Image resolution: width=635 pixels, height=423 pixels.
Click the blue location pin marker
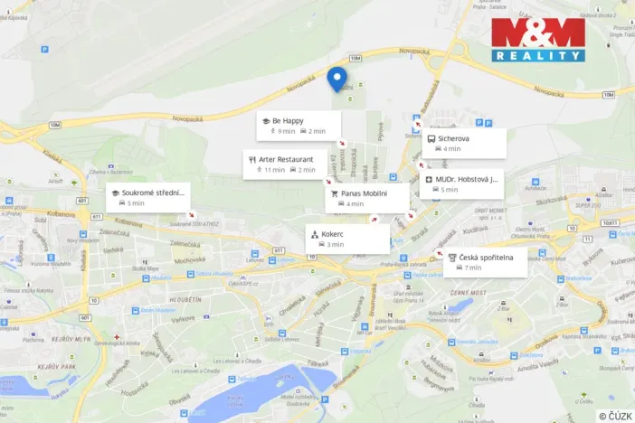point(336,78)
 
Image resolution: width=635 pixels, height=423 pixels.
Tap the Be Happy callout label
point(299,126)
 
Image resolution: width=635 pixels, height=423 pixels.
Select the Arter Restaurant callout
point(284,164)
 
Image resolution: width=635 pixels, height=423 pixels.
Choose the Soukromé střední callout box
point(147,197)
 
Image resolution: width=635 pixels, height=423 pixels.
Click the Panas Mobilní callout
point(365,198)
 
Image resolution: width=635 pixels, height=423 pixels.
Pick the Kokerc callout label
point(347,239)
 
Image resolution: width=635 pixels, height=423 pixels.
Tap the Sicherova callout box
point(463,143)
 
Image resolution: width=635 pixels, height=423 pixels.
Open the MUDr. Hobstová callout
point(464,184)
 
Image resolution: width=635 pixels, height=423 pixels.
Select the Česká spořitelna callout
point(485,262)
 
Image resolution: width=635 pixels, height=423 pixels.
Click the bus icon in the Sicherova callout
point(431,139)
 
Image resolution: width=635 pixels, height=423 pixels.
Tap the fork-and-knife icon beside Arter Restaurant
point(251,159)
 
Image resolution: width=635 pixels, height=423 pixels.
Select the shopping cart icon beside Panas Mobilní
point(334,193)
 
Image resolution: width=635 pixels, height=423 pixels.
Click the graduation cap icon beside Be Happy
point(266,120)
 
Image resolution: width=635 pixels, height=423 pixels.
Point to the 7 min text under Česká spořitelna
point(473,268)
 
